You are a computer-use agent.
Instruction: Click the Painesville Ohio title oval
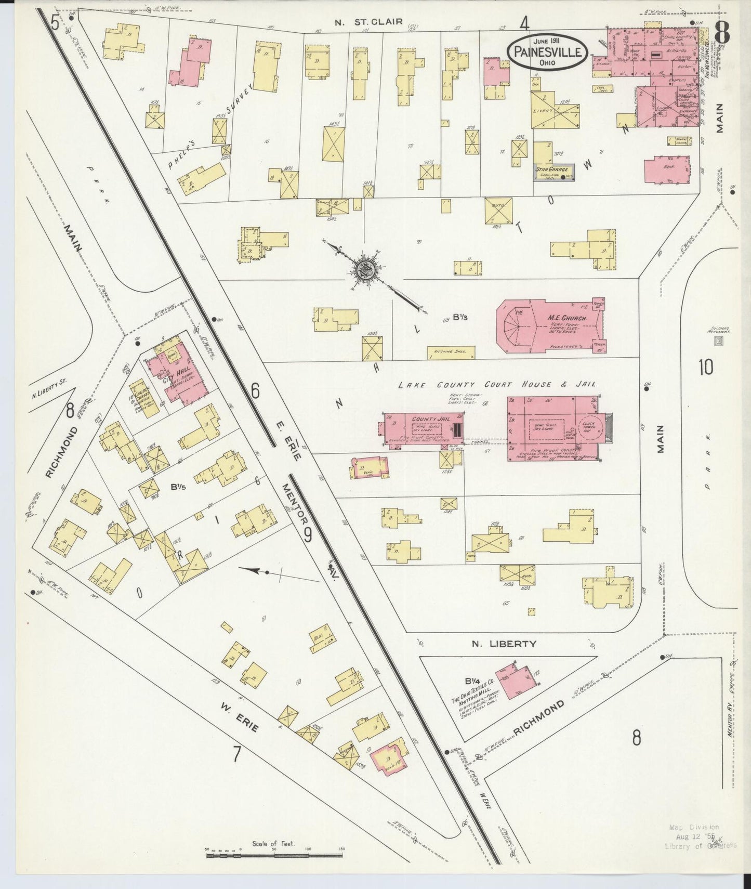click(548, 51)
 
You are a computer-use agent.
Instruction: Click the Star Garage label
click(553, 170)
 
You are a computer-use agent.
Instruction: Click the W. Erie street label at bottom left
click(239, 717)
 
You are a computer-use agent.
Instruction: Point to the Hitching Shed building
click(451, 352)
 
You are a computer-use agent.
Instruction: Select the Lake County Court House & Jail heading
click(497, 385)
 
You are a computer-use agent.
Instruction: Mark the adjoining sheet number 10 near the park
click(705, 368)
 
